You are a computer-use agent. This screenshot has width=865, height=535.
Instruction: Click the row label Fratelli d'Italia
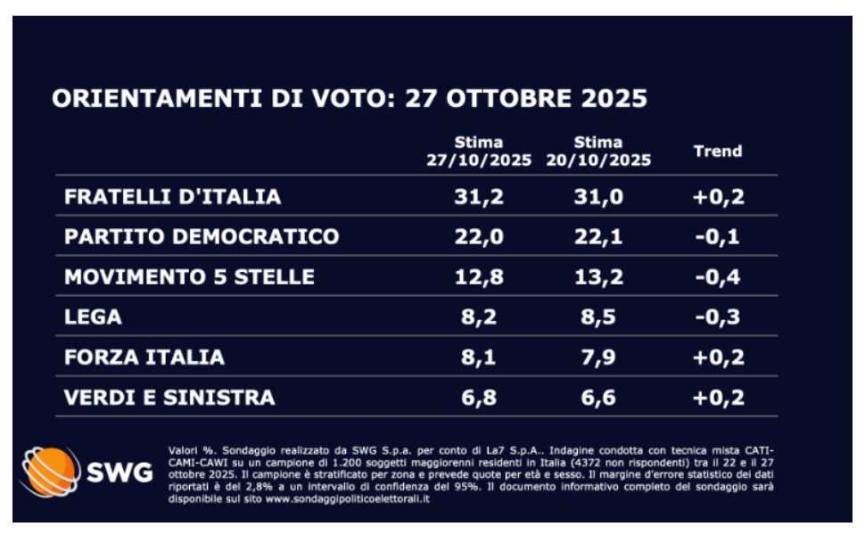(x=172, y=197)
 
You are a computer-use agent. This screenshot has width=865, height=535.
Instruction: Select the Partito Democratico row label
(x=202, y=237)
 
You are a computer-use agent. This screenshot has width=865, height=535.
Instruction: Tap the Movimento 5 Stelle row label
(x=189, y=277)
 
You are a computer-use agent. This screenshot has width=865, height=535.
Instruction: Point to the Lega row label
(x=93, y=317)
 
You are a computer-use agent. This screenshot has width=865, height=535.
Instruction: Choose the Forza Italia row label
(x=144, y=358)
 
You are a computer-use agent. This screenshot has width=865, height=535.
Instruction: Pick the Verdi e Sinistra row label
(x=169, y=398)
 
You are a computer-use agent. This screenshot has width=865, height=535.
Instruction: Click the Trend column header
(x=718, y=152)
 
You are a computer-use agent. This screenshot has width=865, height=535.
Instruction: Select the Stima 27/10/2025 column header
(x=479, y=152)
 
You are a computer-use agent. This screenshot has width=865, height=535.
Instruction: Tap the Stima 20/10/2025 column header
(x=598, y=152)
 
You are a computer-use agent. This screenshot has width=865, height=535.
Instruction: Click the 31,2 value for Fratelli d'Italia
(x=479, y=197)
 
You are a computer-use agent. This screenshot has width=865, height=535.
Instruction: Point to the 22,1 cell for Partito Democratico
(x=598, y=237)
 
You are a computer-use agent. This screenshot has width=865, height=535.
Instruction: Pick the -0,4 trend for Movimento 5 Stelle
(x=718, y=277)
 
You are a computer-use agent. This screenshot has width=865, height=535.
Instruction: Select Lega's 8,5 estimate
(x=598, y=317)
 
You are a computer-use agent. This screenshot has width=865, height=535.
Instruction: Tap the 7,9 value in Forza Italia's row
(x=598, y=358)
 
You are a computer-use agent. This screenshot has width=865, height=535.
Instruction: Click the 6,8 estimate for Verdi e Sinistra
(x=479, y=398)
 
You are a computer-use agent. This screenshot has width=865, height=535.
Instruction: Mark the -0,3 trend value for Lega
(x=718, y=317)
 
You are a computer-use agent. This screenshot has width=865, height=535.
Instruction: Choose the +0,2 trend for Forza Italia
(x=718, y=358)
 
